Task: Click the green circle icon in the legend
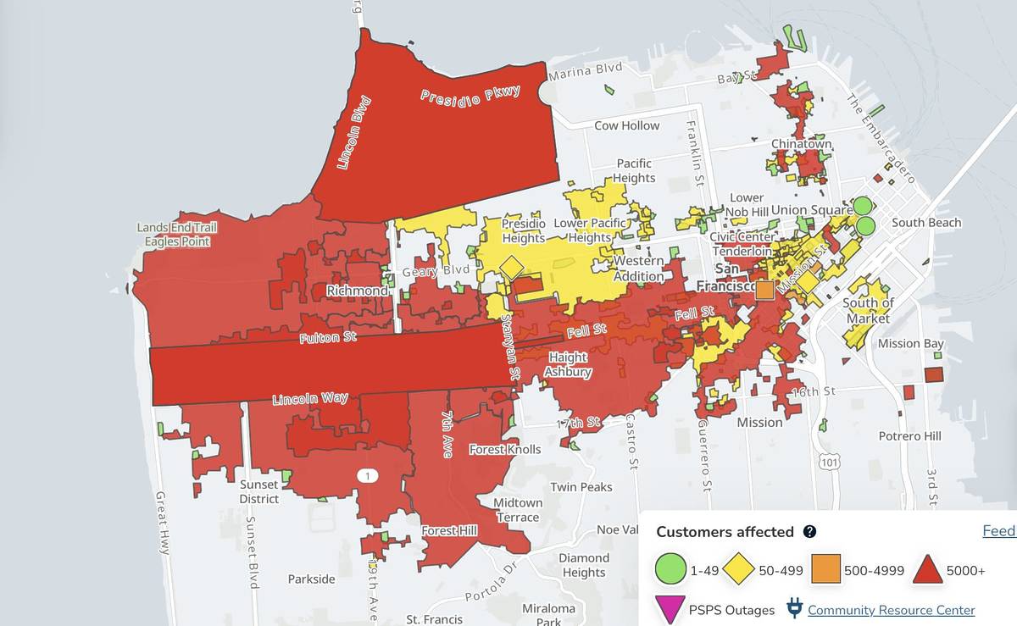point(670,569)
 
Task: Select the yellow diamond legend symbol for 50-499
point(739,569)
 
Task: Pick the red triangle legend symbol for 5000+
point(930,569)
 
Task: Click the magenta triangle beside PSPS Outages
point(670,609)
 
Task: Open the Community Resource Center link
point(891,610)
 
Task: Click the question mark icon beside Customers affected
point(809,532)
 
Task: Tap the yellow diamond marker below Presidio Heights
point(512,268)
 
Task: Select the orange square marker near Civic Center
point(764,290)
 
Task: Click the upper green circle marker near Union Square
point(862,205)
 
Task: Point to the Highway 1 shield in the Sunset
point(366,477)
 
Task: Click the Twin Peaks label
point(581,487)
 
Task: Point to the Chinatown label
point(801,144)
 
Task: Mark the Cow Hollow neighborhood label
point(626,125)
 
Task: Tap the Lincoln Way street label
point(309,398)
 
